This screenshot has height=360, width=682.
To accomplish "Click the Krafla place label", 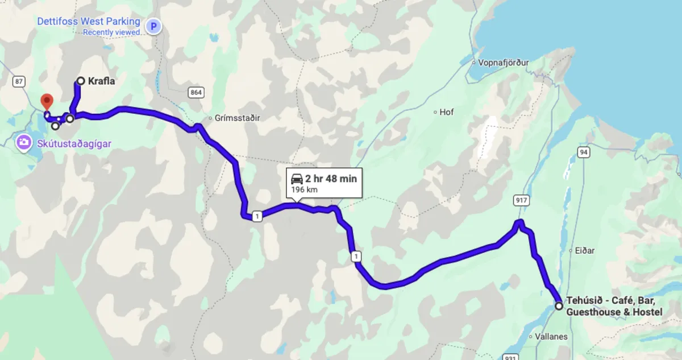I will point(102,81).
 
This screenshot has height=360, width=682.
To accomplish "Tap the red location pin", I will point(47,101).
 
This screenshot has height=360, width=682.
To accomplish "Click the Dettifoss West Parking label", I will point(88,22).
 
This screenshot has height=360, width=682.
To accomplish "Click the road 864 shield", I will point(196,92).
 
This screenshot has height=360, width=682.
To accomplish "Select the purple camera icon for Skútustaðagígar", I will point(24,142).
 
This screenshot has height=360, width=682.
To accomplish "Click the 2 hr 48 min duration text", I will point(331,179).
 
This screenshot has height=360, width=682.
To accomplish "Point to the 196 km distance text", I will point(304,189).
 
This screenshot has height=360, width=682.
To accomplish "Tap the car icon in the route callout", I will point(297,179).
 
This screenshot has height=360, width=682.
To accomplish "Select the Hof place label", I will point(447,112).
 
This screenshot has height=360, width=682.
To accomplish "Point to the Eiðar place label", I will point(583,250).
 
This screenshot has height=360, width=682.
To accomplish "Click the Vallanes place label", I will point(551,337).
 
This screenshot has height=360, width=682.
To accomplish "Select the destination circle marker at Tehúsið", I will point(559,306).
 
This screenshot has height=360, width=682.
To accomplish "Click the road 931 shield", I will point(510,357).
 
